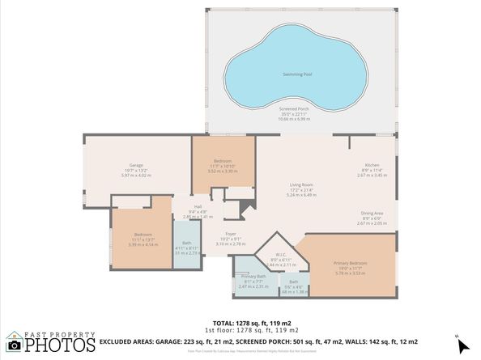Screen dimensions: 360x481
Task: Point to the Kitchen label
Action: [x=372, y=165]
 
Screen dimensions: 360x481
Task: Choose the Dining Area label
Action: [x=372, y=214]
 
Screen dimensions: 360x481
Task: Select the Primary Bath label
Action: [x=253, y=276]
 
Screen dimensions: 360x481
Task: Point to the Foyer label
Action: [x=231, y=234]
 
